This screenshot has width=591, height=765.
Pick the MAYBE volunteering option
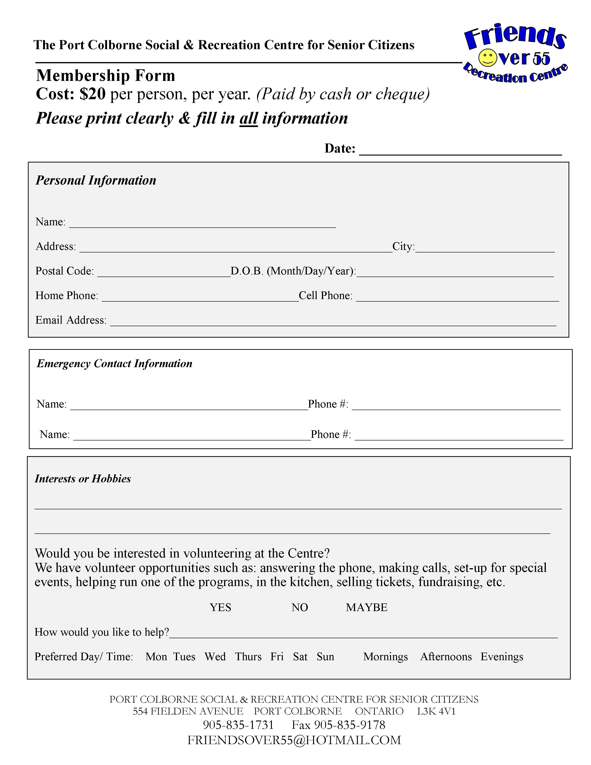tap(367, 607)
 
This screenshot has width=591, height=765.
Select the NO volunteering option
tap(300, 607)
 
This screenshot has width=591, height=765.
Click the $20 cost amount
tap(92, 94)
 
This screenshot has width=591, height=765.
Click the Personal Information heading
tap(96, 180)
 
